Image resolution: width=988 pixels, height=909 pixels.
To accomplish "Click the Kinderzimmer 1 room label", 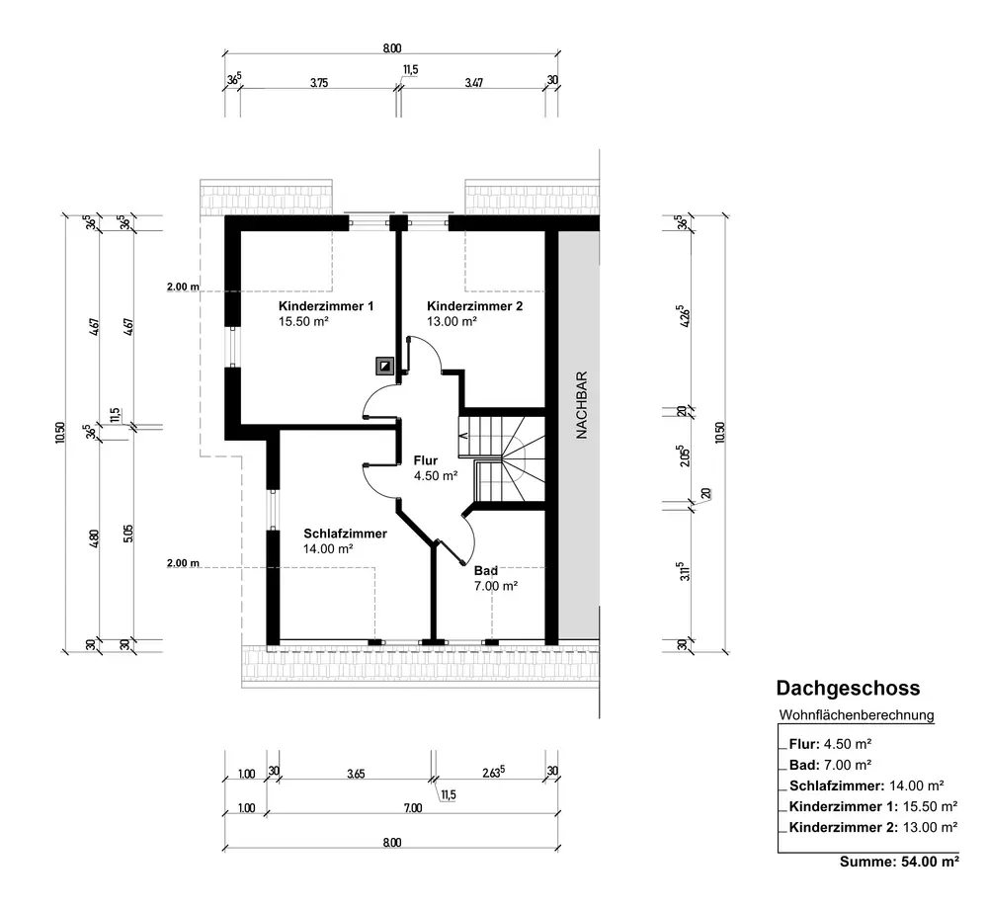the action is point(326,306).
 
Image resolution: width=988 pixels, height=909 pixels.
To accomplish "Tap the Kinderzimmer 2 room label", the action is point(474,306).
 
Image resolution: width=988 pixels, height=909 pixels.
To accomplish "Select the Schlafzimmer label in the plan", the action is point(345,534).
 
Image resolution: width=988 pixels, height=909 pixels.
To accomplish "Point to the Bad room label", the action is point(486,571).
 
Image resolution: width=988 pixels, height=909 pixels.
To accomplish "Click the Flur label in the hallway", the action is point(425,460).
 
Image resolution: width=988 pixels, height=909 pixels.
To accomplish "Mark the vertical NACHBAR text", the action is point(582,404).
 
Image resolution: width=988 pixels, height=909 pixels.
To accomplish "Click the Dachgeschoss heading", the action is point(848,688).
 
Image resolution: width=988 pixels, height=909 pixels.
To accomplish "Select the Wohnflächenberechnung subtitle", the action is point(857,715).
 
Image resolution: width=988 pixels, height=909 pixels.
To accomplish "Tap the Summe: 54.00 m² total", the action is point(899,862).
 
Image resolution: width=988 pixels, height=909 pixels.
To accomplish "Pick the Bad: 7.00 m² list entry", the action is point(830,765).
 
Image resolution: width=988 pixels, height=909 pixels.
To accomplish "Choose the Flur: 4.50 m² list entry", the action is point(830,744).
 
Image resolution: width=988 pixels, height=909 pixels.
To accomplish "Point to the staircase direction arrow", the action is point(463,435).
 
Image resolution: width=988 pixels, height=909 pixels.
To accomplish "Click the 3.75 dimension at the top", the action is point(319,83).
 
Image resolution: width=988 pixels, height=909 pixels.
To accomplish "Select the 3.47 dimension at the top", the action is point(474,83).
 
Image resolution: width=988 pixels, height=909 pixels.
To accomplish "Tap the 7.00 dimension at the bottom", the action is point(413,808).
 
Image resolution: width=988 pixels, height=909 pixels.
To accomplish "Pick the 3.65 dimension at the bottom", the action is point(356,775).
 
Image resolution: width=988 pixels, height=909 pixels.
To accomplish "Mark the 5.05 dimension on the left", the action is point(127,535).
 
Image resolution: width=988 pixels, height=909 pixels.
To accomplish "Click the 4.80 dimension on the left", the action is point(94,537).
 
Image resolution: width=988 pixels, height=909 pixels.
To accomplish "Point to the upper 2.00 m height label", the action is point(183,287).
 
